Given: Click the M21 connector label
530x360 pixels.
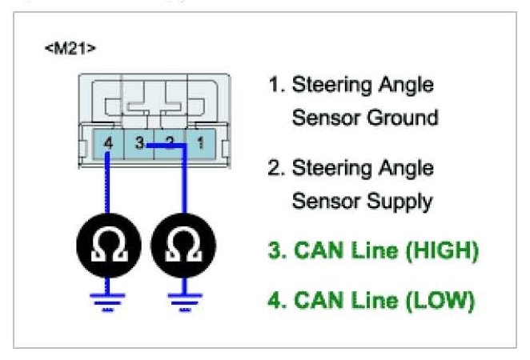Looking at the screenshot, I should [71, 49].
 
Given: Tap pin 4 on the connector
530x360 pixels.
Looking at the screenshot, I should [109, 144].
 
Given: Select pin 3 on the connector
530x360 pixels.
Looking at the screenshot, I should [139, 144].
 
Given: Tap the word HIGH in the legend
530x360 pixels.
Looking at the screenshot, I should [438, 251].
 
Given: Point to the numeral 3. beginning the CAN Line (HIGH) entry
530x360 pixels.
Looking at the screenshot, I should [276, 251].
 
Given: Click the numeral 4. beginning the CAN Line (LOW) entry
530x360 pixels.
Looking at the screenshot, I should [276, 301].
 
